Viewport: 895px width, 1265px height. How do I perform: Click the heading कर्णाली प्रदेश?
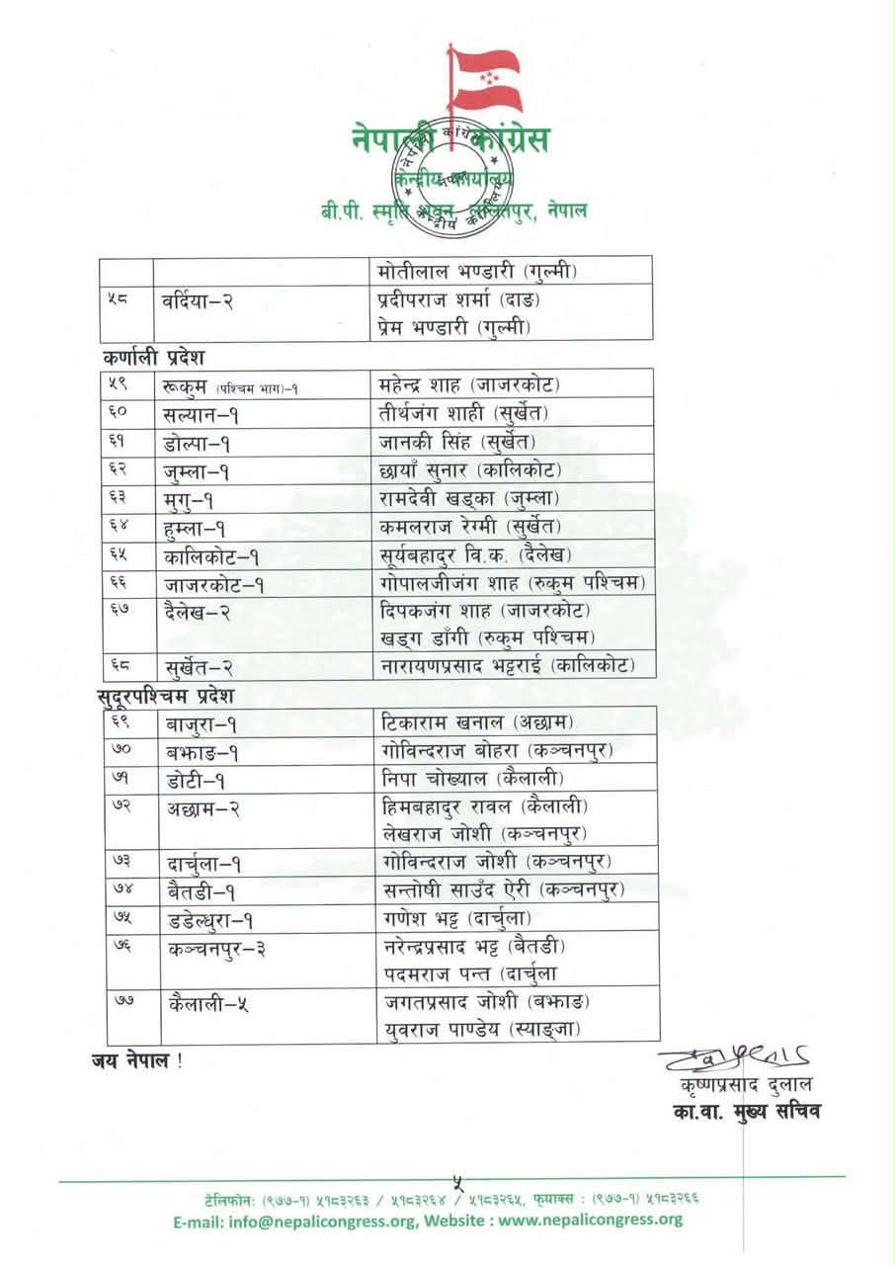[x=152, y=356]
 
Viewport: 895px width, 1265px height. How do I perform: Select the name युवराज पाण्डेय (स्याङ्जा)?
[x=480, y=1030]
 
